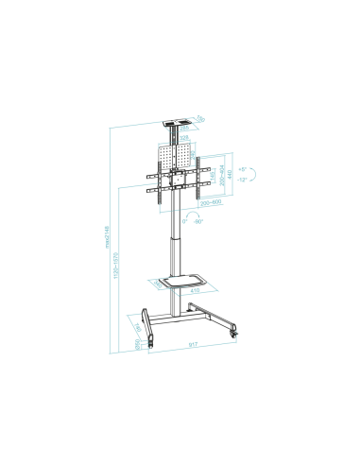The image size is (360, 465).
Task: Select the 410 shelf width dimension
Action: click(194, 291)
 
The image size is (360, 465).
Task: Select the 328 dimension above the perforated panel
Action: click(185, 138)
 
